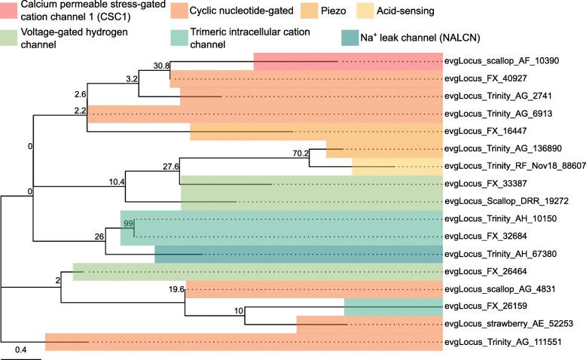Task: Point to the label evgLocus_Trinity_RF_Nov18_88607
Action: (x=512, y=166)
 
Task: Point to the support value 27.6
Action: (x=168, y=166)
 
